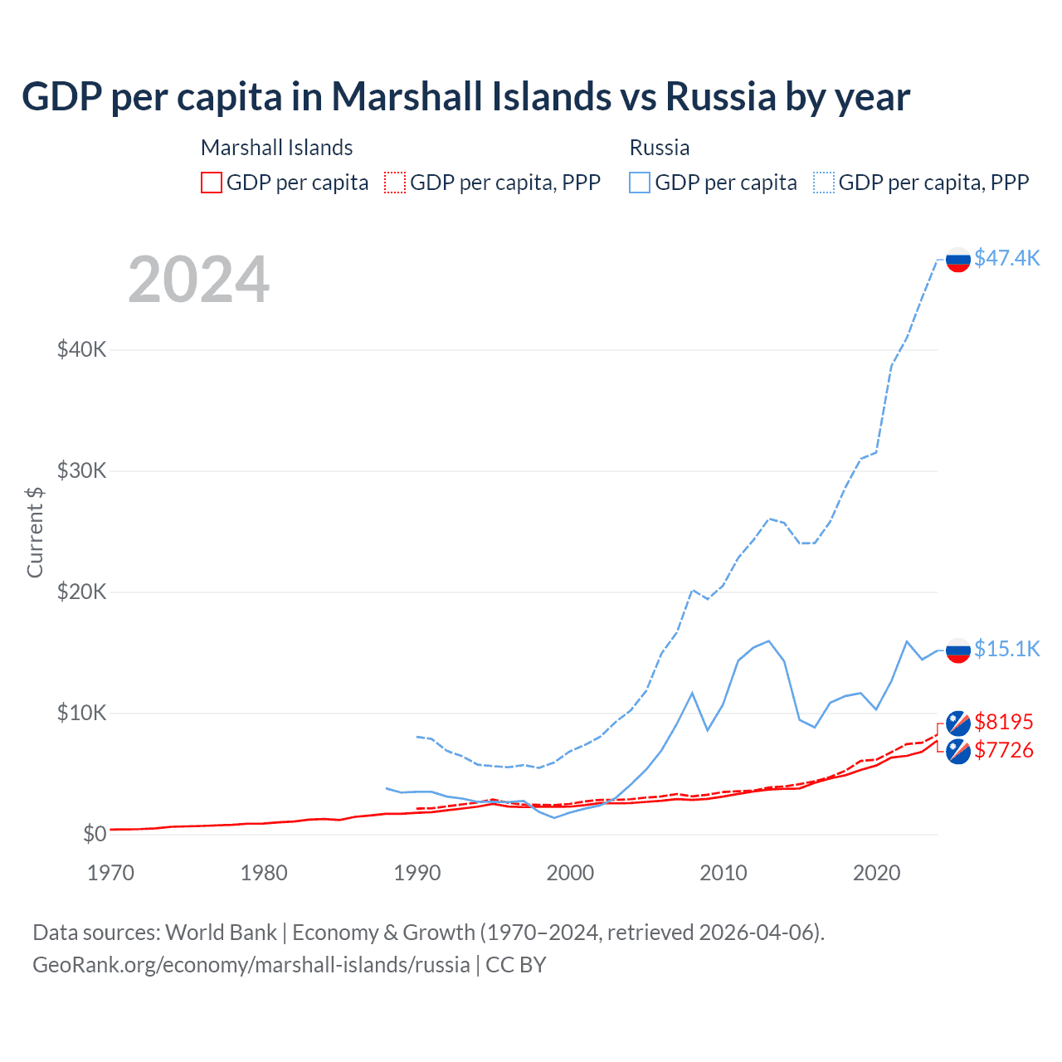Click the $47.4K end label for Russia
[1006, 258]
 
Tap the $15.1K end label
[1006, 649]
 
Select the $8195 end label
[1004, 722]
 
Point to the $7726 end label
[1004, 750]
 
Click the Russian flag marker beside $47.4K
[958, 260]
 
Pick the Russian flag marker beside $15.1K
[958, 650]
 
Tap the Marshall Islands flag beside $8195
[958, 723]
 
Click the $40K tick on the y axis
[81, 349]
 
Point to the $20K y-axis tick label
[81, 592]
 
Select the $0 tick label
[95, 834]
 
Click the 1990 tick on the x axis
[417, 873]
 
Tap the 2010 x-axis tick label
[723, 873]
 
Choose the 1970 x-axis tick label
[110, 873]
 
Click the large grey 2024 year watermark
[199, 280]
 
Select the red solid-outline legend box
[212, 183]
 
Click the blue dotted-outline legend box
[824, 183]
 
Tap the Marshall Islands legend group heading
[276, 148]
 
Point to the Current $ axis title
[35, 532]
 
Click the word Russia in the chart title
[720, 97]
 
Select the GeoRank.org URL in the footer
[251, 965]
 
